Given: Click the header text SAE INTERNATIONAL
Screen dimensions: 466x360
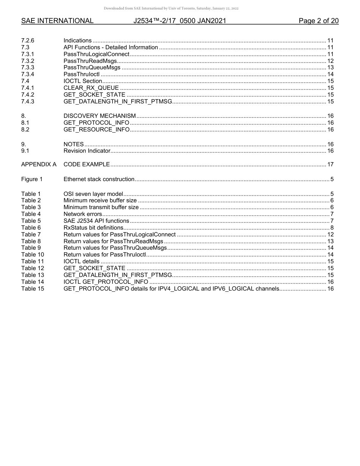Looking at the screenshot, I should pos(57,21).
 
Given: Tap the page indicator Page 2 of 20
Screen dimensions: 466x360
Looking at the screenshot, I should pos(318,21).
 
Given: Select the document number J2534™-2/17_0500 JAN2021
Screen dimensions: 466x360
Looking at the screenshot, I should pos(180,21).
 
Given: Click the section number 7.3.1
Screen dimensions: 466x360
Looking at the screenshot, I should pos(28,54).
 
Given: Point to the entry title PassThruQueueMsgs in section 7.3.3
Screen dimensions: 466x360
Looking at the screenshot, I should pos(92,68).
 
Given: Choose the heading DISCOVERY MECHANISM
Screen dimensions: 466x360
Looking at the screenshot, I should pos(99,116).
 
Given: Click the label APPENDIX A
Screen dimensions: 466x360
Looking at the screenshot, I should pos(39,164).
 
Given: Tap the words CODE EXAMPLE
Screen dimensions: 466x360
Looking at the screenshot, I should pos(86,164).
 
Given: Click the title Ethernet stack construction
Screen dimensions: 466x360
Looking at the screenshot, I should pos(99,179).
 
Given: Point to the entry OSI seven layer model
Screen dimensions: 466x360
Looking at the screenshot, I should pos(93,194).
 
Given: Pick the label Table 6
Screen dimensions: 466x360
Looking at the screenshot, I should pos(31,228).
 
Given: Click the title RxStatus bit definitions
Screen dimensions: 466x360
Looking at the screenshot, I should pos(93,228).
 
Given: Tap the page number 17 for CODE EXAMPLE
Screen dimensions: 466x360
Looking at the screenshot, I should pos(330,164).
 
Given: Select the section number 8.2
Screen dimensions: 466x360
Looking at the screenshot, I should pos(25,130).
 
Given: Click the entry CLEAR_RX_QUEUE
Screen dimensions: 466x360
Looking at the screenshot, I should pos(91,88).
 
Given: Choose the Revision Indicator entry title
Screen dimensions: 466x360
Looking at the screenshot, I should pos(87,151).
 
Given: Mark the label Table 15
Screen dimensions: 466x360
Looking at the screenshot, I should pos(32,289).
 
